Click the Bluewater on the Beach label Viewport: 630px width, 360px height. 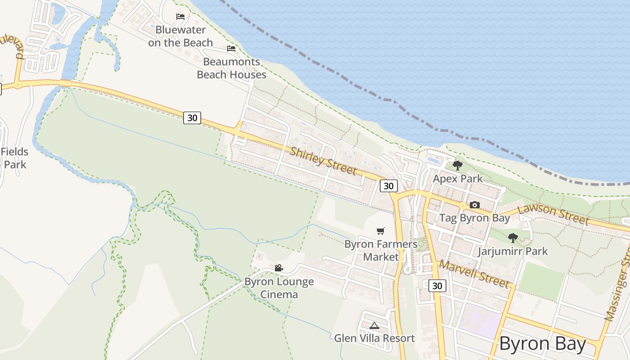pyautogui.click(x=180, y=36)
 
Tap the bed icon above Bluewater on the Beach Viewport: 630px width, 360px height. pyautogui.click(x=180, y=17)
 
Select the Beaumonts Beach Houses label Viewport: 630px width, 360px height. pyautogui.click(x=231, y=68)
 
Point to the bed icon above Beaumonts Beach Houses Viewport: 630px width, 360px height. pyautogui.click(x=231, y=49)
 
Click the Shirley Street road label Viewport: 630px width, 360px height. pyautogui.click(x=323, y=161)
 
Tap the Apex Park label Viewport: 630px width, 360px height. pyautogui.click(x=458, y=179)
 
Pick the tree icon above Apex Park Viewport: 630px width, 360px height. pyautogui.click(x=458, y=166)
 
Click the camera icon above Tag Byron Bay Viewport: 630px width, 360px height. pyautogui.click(x=474, y=205)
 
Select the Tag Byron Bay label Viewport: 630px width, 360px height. pyautogui.click(x=474, y=218)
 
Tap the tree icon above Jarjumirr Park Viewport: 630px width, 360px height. pyautogui.click(x=513, y=238)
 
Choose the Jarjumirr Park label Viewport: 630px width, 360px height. pyautogui.click(x=513, y=251)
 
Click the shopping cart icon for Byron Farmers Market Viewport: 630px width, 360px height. pyautogui.click(x=381, y=231)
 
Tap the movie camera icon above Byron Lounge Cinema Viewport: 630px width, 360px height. pyautogui.click(x=279, y=268)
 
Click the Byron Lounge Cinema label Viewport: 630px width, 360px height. pyautogui.click(x=279, y=288)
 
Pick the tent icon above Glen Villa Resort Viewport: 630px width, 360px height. pyautogui.click(x=374, y=325)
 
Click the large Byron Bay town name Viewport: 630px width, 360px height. pyautogui.click(x=543, y=344)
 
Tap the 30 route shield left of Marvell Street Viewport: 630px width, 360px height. pyautogui.click(x=437, y=285)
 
